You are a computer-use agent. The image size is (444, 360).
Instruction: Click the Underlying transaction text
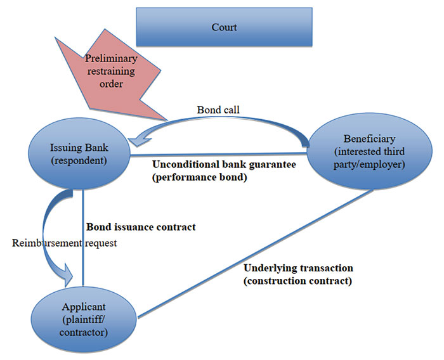tap(298, 268)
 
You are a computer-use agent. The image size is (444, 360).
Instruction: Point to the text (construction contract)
tap(297, 280)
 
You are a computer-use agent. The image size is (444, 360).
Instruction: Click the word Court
tap(224, 28)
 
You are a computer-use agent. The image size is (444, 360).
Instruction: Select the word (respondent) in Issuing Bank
tap(80, 160)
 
